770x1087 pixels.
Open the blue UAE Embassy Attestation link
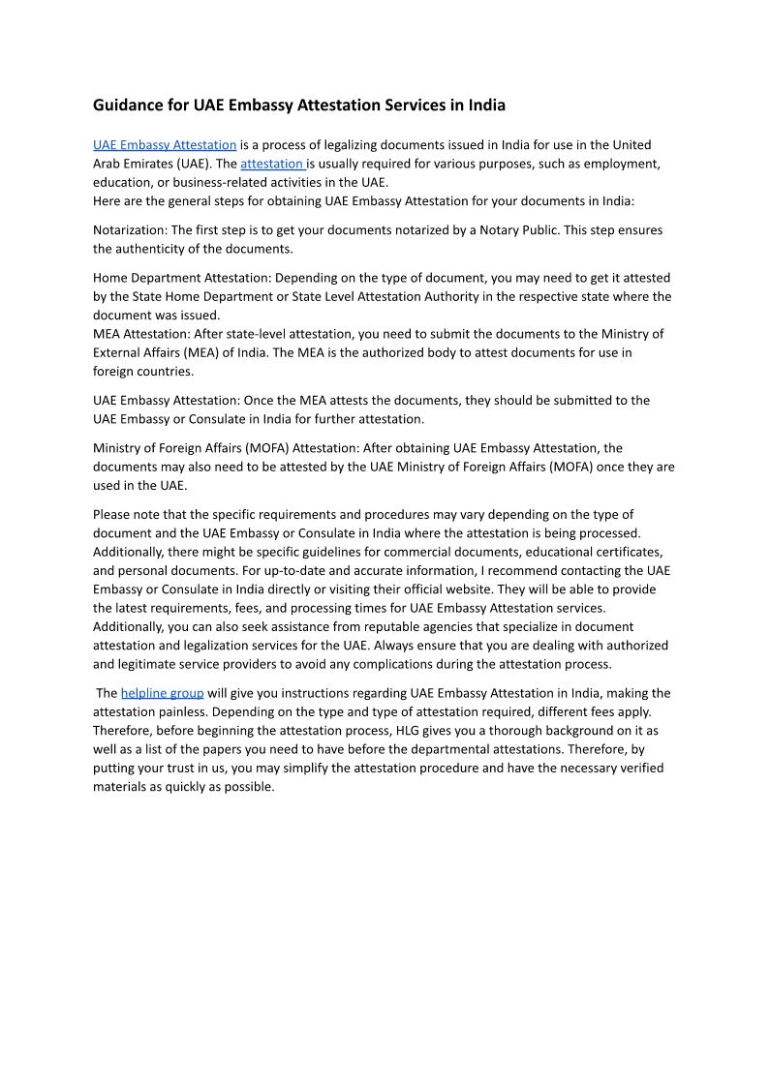click(x=165, y=145)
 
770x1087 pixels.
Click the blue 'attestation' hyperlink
click(x=272, y=164)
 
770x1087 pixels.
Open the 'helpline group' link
click(x=162, y=693)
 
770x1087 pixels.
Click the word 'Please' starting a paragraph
click(x=112, y=515)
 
